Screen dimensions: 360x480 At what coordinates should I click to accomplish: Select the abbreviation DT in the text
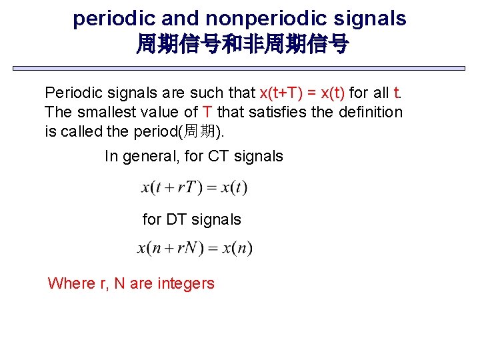coord(177,219)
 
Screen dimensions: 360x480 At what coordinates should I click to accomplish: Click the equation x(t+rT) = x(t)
coord(195,187)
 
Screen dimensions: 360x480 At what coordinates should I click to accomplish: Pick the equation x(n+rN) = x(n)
coord(195,249)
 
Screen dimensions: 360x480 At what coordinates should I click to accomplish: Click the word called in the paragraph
coord(82,132)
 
